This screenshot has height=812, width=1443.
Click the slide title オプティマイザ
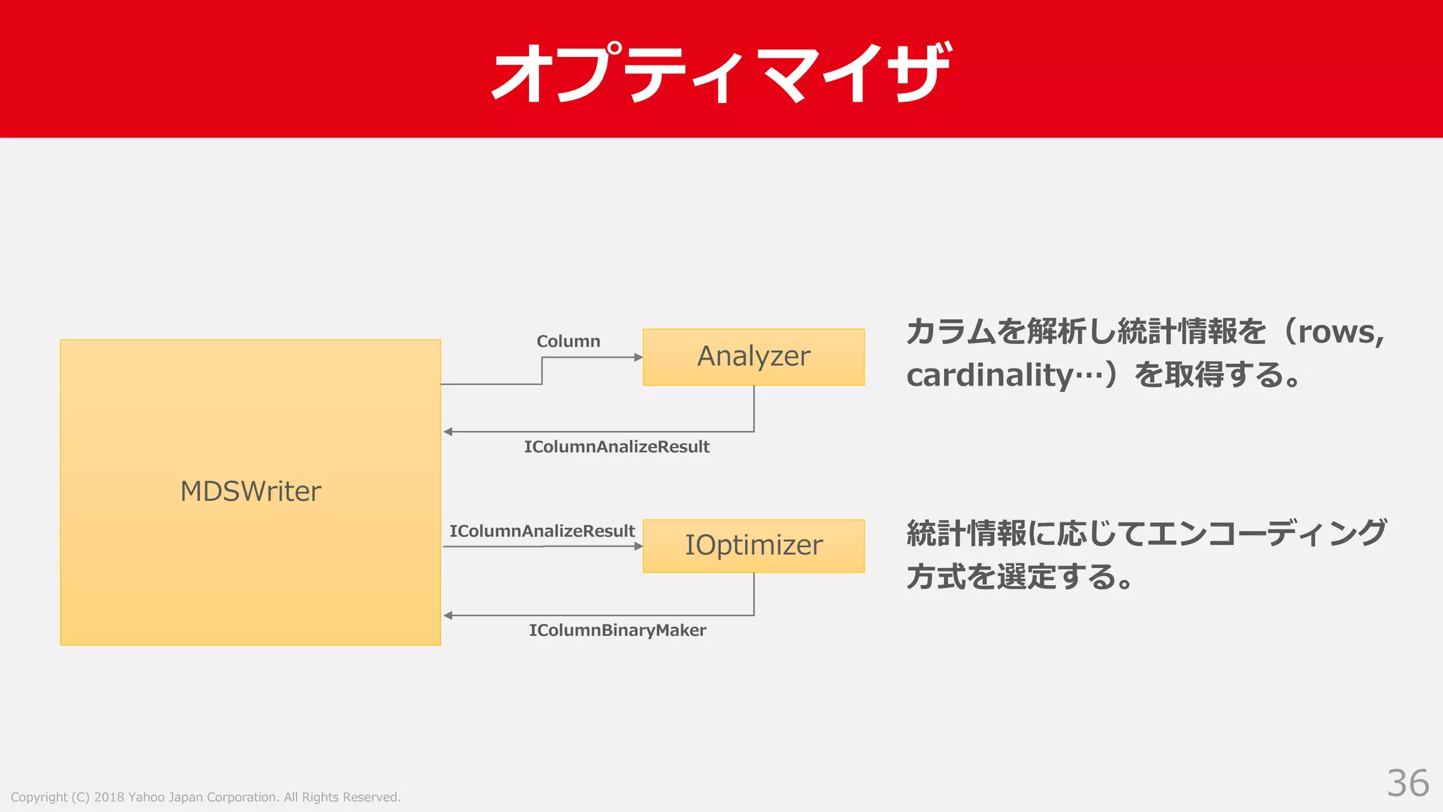[x=721, y=72]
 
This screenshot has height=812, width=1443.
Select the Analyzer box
[x=753, y=357]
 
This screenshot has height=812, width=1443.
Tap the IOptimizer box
[x=753, y=546]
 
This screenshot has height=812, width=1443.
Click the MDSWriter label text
[x=250, y=491]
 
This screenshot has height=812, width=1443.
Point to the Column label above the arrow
[x=568, y=341]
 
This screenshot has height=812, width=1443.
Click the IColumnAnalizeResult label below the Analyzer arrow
[x=617, y=447]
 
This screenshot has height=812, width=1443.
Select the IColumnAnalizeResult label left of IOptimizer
[x=542, y=531]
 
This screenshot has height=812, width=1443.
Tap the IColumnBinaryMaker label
[x=617, y=630]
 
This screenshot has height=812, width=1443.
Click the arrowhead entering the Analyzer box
[x=638, y=357]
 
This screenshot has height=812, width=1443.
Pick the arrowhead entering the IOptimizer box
[x=638, y=546]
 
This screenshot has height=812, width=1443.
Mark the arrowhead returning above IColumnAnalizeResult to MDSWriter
[x=448, y=431]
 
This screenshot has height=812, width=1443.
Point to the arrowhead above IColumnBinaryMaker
[x=448, y=615]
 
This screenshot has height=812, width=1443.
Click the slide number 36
[x=1407, y=783]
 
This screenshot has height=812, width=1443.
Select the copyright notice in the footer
[x=205, y=797]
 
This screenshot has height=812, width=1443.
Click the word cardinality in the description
[x=989, y=375]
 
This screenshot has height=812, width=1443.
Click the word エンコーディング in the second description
[x=1266, y=533]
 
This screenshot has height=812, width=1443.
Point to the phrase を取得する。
[x=1216, y=375]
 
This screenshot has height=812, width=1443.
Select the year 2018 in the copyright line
[x=109, y=797]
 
